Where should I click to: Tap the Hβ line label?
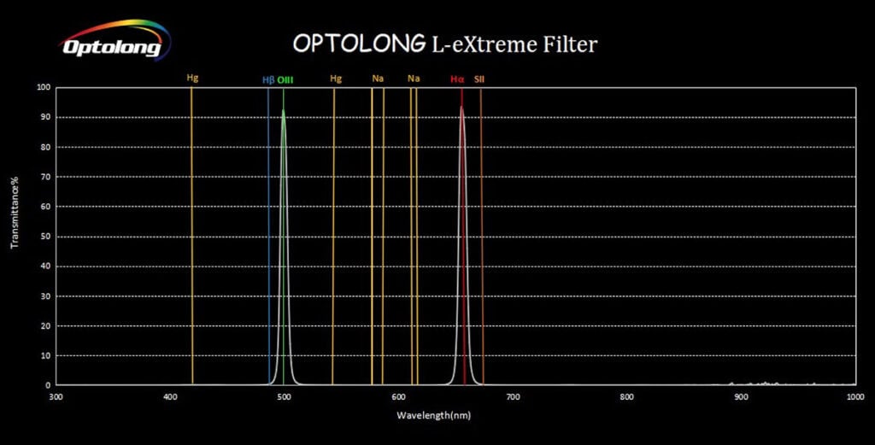(x=267, y=79)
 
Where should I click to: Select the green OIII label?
(x=285, y=79)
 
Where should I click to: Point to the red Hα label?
(x=457, y=79)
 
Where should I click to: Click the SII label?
(x=479, y=79)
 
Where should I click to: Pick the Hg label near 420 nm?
(x=192, y=79)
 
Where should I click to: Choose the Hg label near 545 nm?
(x=336, y=79)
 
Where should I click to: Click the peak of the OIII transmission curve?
(x=284, y=110)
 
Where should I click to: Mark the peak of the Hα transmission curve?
(x=462, y=107)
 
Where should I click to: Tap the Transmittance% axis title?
(x=15, y=214)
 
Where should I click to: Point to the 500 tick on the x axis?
(x=284, y=396)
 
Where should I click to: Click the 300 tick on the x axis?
(x=56, y=396)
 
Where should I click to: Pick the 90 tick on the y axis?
(x=45, y=117)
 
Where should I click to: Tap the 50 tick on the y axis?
(x=45, y=236)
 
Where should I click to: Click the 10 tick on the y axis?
(x=45, y=355)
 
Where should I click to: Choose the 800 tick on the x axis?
(x=627, y=396)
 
